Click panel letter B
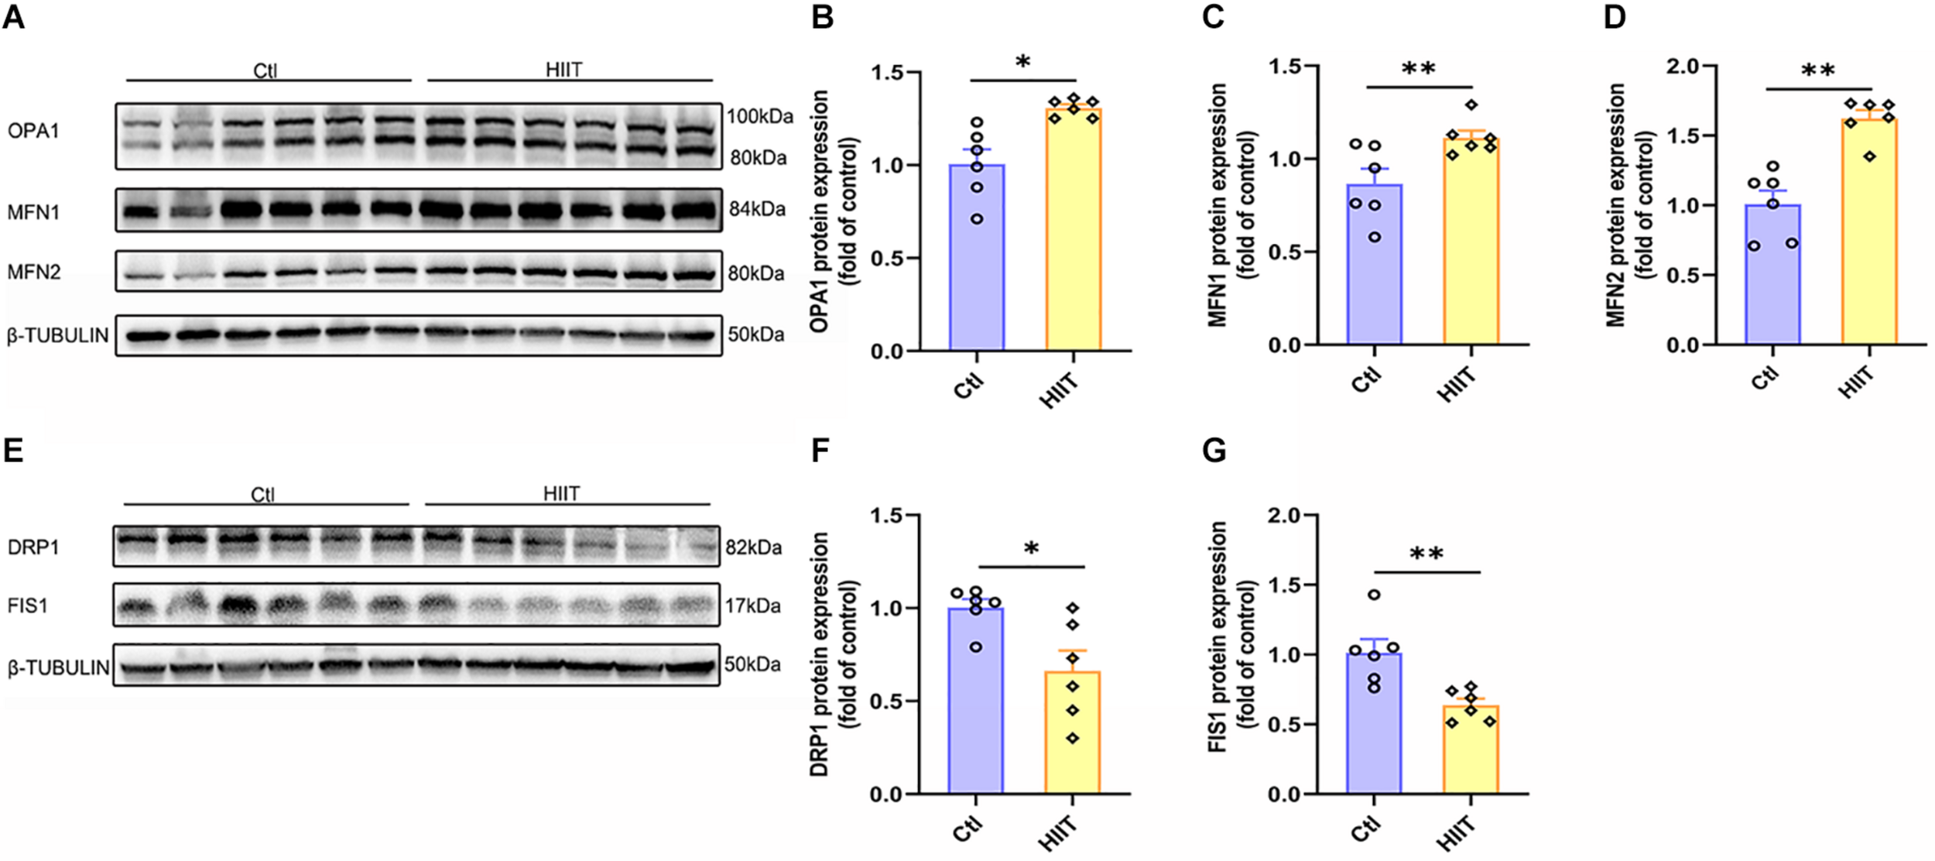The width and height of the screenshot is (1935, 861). pyautogui.click(x=822, y=16)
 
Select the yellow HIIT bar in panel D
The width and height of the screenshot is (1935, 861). pyautogui.click(x=1868, y=232)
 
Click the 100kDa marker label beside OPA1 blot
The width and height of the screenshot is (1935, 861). pyautogui.click(x=759, y=117)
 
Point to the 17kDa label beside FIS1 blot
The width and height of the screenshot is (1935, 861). pyautogui.click(x=752, y=605)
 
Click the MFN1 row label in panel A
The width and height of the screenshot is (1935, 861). pyautogui.click(x=33, y=211)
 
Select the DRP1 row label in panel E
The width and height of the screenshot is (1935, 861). pyautogui.click(x=33, y=547)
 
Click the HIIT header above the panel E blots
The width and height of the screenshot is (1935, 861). pyautogui.click(x=561, y=493)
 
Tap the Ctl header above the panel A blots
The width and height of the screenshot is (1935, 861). pyautogui.click(x=265, y=70)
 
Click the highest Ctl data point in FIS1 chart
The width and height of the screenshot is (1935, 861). pyautogui.click(x=1374, y=595)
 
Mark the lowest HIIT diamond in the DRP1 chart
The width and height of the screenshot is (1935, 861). pyautogui.click(x=1072, y=739)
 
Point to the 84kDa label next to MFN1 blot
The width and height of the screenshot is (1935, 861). pyautogui.click(x=756, y=209)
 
